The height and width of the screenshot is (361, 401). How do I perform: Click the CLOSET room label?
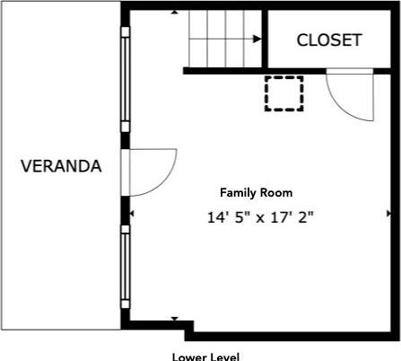(329, 40)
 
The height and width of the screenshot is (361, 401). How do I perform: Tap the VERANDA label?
(61, 166)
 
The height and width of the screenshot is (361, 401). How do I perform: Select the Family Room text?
(257, 192)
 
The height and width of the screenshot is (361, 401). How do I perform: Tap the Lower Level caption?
(205, 357)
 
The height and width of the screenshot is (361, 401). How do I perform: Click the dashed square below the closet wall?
(284, 93)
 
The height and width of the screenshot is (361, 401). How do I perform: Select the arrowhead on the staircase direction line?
(257, 39)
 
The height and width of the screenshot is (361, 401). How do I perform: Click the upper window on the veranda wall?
(126, 79)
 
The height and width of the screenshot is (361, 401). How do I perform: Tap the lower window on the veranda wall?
(126, 267)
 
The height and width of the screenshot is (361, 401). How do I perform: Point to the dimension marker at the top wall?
(174, 12)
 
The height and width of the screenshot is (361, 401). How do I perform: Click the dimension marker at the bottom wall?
(175, 319)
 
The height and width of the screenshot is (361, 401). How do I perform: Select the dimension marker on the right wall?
(388, 214)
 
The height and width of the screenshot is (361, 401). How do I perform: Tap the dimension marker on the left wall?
(132, 214)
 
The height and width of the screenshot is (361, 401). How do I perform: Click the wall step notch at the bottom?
(189, 330)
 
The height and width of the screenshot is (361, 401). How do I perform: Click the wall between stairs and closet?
(265, 39)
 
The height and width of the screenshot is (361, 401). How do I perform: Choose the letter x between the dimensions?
(260, 219)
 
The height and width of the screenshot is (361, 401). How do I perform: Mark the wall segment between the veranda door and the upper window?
(126, 140)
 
